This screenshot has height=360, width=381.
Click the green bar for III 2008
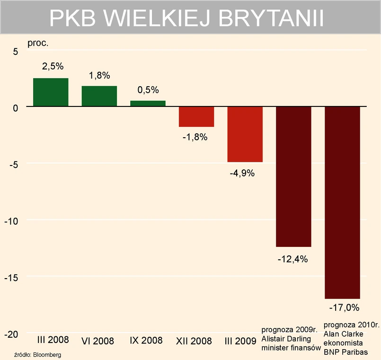pyautogui.click(x=51, y=92)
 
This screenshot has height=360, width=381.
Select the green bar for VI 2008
pyautogui.click(x=99, y=96)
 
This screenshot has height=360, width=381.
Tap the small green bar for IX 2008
pyautogui.click(x=148, y=104)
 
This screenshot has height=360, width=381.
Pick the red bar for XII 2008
pyautogui.click(x=196, y=117)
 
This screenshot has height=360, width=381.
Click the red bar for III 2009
pyautogui.click(x=245, y=134)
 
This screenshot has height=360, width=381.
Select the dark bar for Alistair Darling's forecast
pyautogui.click(x=293, y=176)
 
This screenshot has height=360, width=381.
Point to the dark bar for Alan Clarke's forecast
pyautogui.click(x=342, y=202)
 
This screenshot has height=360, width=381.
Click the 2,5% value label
pyautogui.click(x=53, y=67)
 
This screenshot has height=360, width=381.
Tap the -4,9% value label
pyautogui.click(x=242, y=173)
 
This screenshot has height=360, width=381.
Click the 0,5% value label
pyautogui.click(x=148, y=90)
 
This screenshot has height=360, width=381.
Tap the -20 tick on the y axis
pyautogui.click(x=11, y=334)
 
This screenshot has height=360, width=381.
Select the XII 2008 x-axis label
pyautogui.click(x=194, y=341)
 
